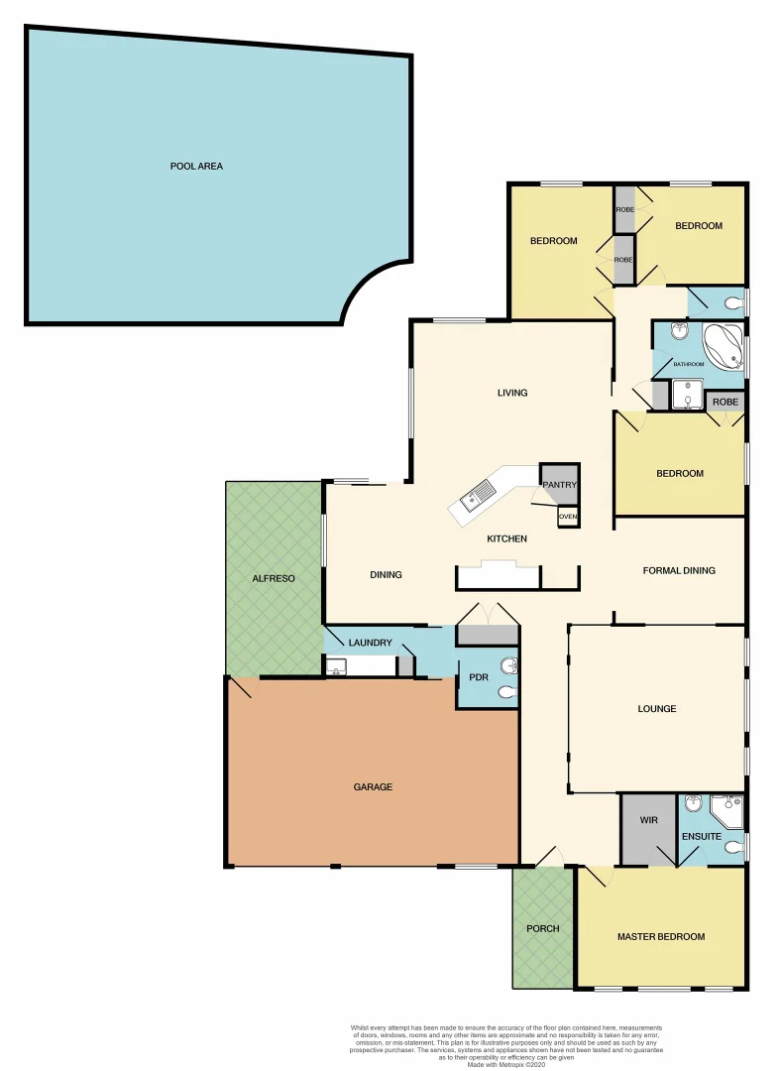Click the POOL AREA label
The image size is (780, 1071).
[196, 167]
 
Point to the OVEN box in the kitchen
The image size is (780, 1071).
[568, 517]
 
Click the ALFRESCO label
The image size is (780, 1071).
[273, 578]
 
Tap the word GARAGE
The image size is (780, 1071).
[374, 787]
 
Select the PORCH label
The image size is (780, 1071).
[543, 929]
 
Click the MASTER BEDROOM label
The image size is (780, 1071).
[661, 937]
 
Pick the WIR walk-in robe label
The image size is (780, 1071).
[649, 821]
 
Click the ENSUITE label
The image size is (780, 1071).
[702, 837]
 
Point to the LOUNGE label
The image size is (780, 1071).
[657, 709]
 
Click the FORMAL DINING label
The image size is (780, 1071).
[679, 571]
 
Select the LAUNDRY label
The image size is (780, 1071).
[370, 643]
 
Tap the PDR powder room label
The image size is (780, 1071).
[480, 678]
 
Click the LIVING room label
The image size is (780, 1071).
[512, 393]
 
